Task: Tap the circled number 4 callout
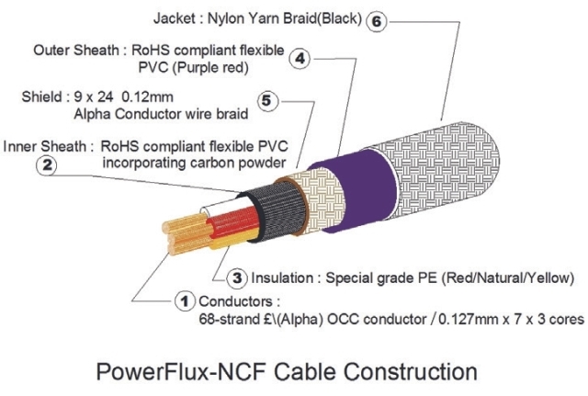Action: (300, 60)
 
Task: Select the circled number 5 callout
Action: (266, 101)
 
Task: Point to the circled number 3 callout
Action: (237, 277)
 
